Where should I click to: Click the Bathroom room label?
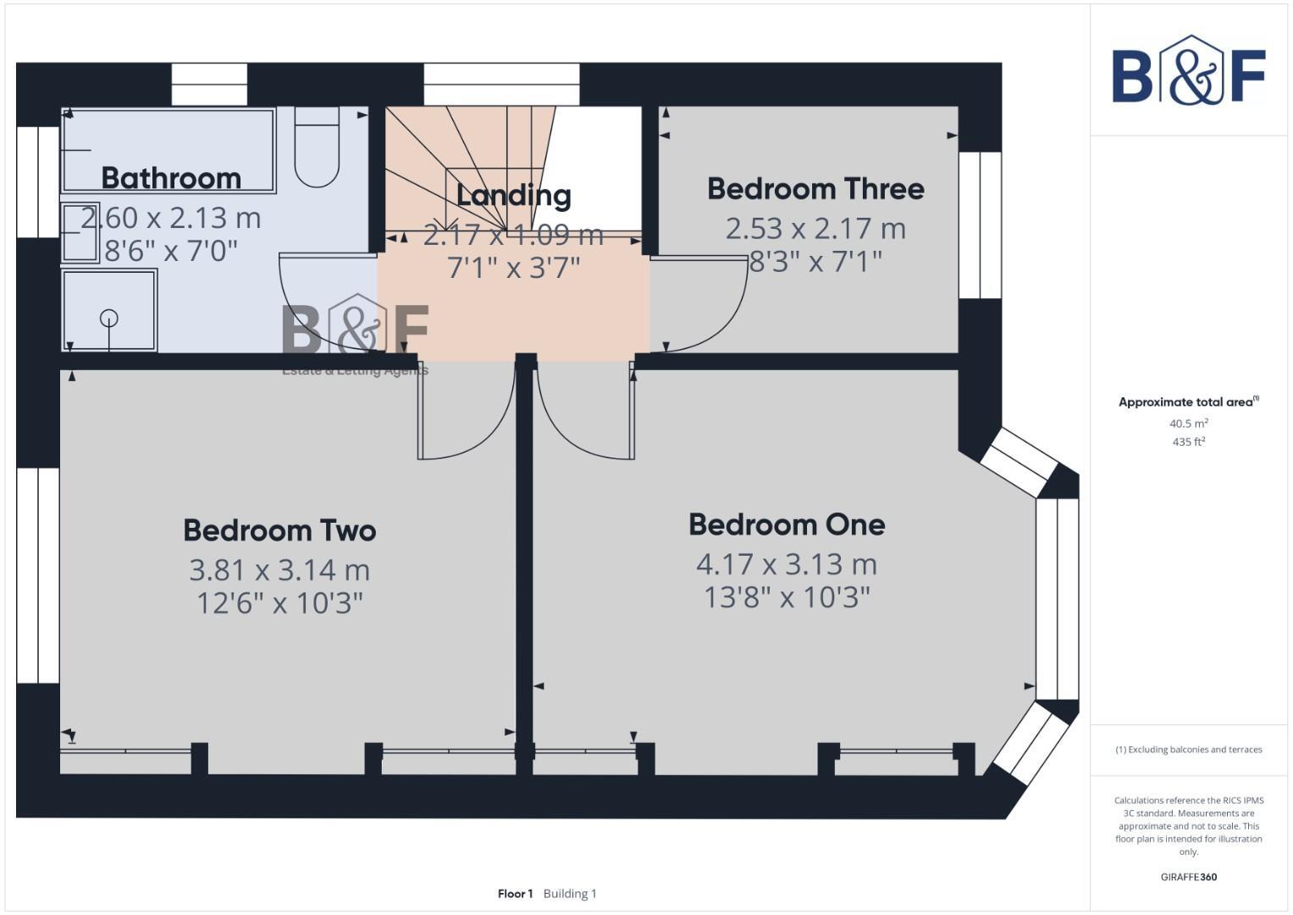(171, 178)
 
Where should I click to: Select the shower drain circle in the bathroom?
(109, 319)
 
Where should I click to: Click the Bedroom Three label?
(815, 188)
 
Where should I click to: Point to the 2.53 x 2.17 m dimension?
(815, 228)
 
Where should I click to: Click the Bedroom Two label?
(279, 530)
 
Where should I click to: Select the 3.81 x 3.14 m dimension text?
(279, 569)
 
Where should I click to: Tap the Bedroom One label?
(787, 524)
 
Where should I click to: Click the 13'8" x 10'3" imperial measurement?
(787, 597)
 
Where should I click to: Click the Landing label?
(513, 195)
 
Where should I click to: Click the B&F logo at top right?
(1188, 73)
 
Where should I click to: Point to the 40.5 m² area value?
(1188, 423)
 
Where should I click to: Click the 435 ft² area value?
(1188, 441)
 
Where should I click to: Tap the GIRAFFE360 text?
(1188, 877)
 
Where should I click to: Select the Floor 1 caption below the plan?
(516, 893)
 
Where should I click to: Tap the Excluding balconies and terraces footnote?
(1188, 750)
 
